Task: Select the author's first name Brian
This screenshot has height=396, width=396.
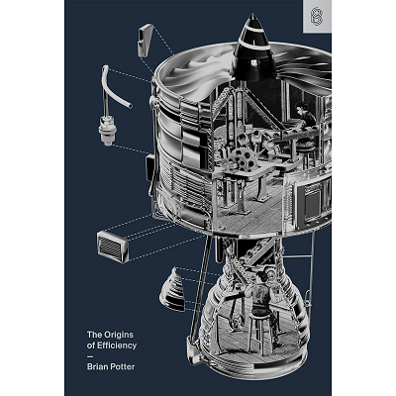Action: click(97, 366)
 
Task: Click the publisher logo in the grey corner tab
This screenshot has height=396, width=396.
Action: click(318, 17)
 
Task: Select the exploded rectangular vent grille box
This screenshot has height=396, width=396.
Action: click(113, 246)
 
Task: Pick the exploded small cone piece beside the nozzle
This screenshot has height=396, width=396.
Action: click(173, 289)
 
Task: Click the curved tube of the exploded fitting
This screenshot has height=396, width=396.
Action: click(114, 86)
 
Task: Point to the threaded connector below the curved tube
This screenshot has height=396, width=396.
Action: click(106, 131)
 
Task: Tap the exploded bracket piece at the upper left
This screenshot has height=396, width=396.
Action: click(145, 39)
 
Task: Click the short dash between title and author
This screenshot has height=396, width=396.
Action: click(89, 356)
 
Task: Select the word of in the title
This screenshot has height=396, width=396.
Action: click(90, 346)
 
